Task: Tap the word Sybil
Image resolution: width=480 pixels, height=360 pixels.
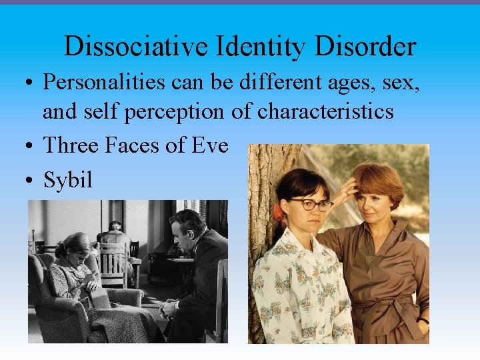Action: (67, 180)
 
